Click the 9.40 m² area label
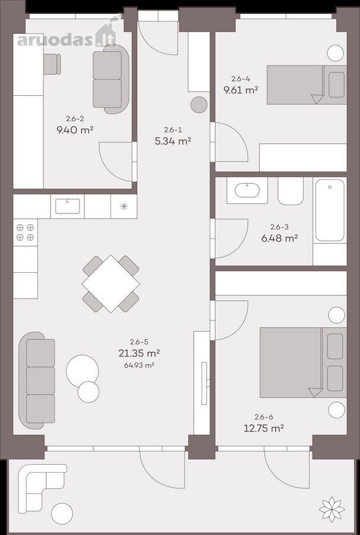75,130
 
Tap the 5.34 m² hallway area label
172,141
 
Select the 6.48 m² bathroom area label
280,238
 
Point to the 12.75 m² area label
264,428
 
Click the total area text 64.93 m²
140,366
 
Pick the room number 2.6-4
241,79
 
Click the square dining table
111,284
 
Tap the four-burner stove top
25,232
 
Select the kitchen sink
68,206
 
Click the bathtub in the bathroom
330,210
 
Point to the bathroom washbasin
248,190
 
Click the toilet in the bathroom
290,191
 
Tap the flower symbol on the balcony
331,509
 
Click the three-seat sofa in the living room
37,380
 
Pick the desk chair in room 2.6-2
52,64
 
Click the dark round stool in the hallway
199,105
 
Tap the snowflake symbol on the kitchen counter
124,206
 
